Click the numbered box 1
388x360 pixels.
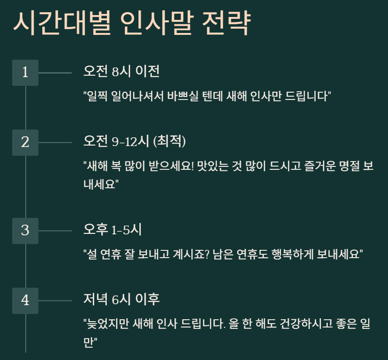pyautogui.click(x=25, y=73)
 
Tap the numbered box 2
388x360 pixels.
pyautogui.click(x=25, y=143)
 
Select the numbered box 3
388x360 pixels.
pyautogui.click(x=25, y=230)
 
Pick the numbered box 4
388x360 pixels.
pyautogui.click(x=25, y=300)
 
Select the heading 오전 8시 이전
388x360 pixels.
pyautogui.click(x=121, y=72)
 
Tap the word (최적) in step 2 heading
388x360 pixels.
pyautogui.click(x=169, y=142)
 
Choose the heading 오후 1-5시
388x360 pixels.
pyautogui.click(x=112, y=229)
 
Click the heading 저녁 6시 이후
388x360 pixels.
pyautogui.click(x=121, y=299)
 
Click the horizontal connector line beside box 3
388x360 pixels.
pyautogui.click(x=55, y=230)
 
